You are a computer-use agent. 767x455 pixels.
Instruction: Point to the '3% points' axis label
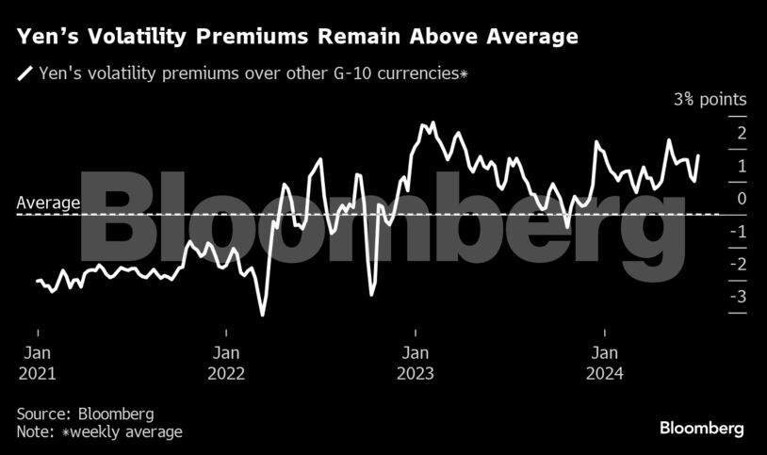point(710,100)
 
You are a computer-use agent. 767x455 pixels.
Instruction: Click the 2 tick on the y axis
point(742,133)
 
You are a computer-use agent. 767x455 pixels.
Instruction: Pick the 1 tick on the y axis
point(742,166)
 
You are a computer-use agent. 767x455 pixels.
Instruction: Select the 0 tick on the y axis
point(742,199)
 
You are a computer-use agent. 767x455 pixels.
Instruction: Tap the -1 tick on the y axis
point(740,232)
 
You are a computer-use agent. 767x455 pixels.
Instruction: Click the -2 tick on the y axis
point(740,265)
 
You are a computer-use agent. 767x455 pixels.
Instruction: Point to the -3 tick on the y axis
point(740,298)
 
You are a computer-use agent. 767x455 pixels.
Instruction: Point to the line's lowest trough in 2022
point(263,315)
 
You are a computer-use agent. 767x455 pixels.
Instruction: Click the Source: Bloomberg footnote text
point(85,414)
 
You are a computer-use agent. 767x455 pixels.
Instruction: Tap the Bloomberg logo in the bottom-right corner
point(701,429)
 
